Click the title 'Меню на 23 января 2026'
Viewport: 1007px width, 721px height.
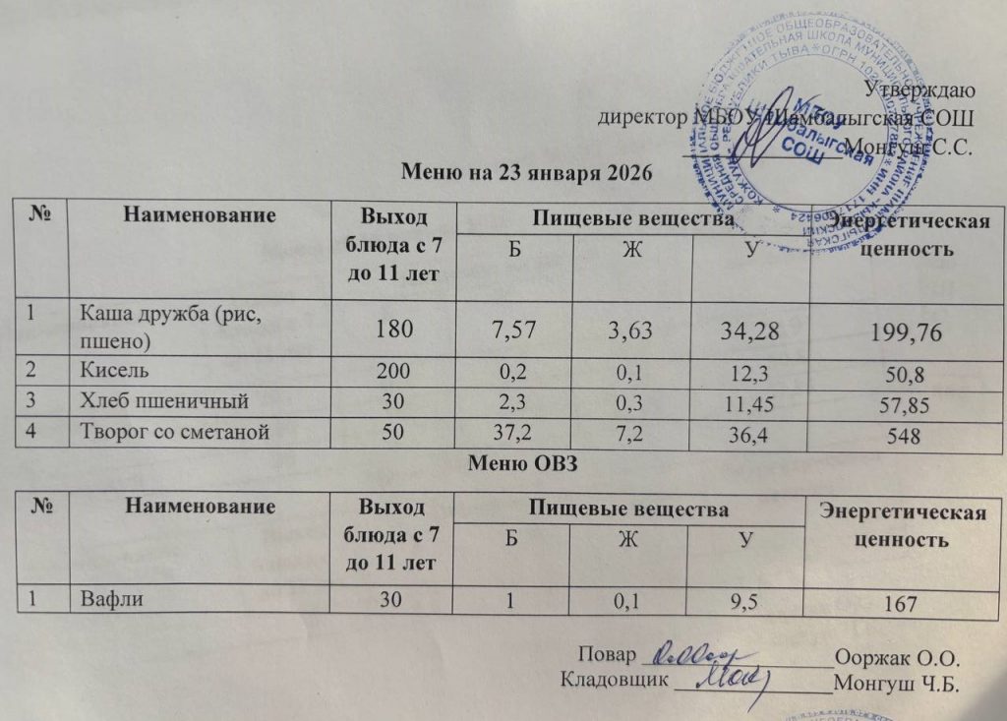pyautogui.click(x=528, y=172)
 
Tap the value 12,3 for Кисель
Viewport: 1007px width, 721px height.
pyautogui.click(x=743, y=378)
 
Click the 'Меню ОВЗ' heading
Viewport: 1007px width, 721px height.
pyautogui.click(x=527, y=463)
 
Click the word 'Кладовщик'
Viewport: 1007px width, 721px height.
pyautogui.click(x=614, y=679)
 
